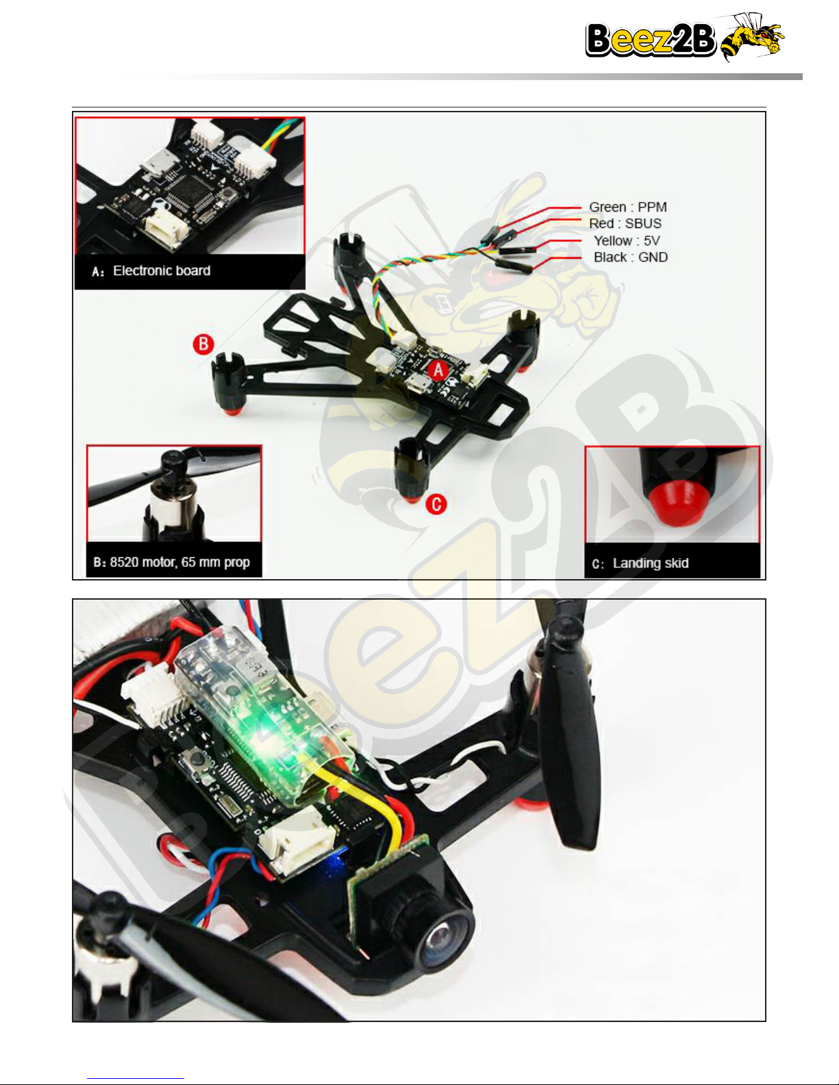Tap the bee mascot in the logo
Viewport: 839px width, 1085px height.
click(751, 37)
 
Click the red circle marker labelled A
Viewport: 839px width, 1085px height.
click(438, 370)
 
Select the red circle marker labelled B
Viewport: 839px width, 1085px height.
click(203, 344)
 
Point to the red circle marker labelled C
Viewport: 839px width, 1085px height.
click(436, 505)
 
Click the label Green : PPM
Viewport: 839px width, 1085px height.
click(628, 207)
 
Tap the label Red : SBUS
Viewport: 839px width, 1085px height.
click(625, 224)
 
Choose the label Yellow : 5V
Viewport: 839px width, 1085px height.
click(627, 241)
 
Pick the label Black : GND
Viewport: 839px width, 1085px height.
click(631, 257)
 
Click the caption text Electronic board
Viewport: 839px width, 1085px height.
click(162, 270)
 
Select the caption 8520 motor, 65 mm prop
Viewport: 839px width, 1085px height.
click(179, 562)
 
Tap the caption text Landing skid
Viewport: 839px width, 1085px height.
click(651, 563)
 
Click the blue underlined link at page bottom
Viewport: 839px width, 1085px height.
click(136, 1079)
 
